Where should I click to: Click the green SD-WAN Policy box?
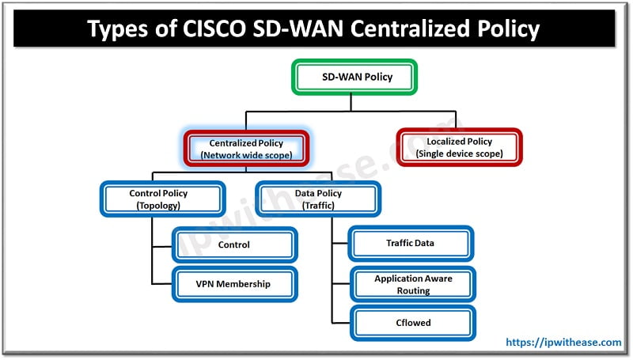click(x=354, y=77)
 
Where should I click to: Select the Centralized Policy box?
click(x=246, y=149)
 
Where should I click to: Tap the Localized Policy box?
click(x=459, y=147)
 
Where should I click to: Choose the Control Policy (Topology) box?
click(x=162, y=199)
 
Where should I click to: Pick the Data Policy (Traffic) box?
click(x=318, y=199)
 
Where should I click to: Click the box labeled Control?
click(x=234, y=244)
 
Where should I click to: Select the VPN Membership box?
click(x=234, y=284)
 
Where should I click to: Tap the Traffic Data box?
click(x=411, y=244)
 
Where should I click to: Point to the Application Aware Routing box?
click(x=413, y=285)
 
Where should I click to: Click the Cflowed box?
click(x=413, y=323)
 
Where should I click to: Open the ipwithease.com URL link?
click(x=563, y=343)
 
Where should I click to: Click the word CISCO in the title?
click(x=214, y=28)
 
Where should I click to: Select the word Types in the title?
click(x=118, y=29)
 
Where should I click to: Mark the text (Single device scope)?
click(x=460, y=153)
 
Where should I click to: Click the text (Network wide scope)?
click(x=246, y=155)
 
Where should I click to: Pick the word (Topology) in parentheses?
click(x=158, y=206)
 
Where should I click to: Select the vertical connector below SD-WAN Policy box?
click(x=351, y=103)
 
